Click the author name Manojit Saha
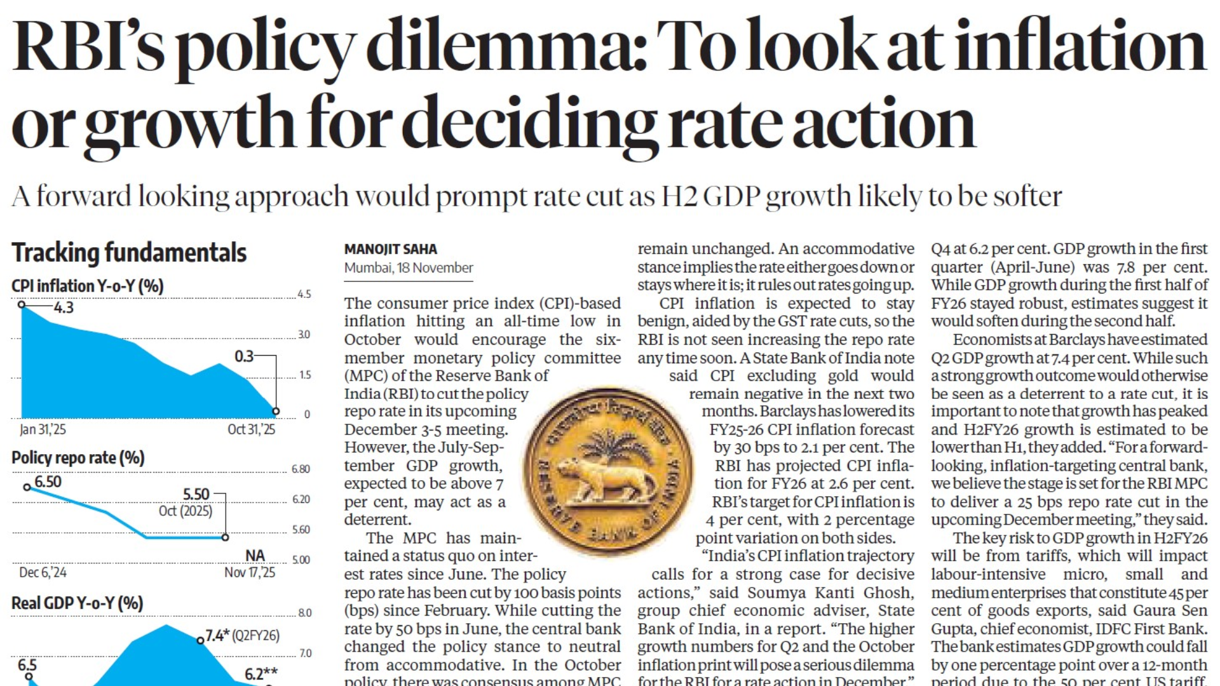click(x=390, y=249)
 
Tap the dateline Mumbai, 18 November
click(x=409, y=268)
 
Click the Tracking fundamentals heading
click(x=129, y=253)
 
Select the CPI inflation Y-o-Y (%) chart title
click(x=88, y=286)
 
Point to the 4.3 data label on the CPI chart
click(x=64, y=308)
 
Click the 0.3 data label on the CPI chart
click(x=244, y=356)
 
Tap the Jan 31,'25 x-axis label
click(x=43, y=429)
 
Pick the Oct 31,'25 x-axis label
click(x=252, y=429)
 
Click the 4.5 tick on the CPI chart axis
click(x=304, y=294)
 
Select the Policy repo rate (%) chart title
click(x=78, y=458)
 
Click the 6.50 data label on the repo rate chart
click(x=48, y=482)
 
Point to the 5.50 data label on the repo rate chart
click(x=196, y=494)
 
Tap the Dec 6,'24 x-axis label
click(x=43, y=572)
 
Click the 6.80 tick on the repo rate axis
click(x=301, y=469)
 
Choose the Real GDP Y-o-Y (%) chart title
click(x=78, y=603)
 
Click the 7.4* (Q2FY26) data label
click(x=242, y=635)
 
